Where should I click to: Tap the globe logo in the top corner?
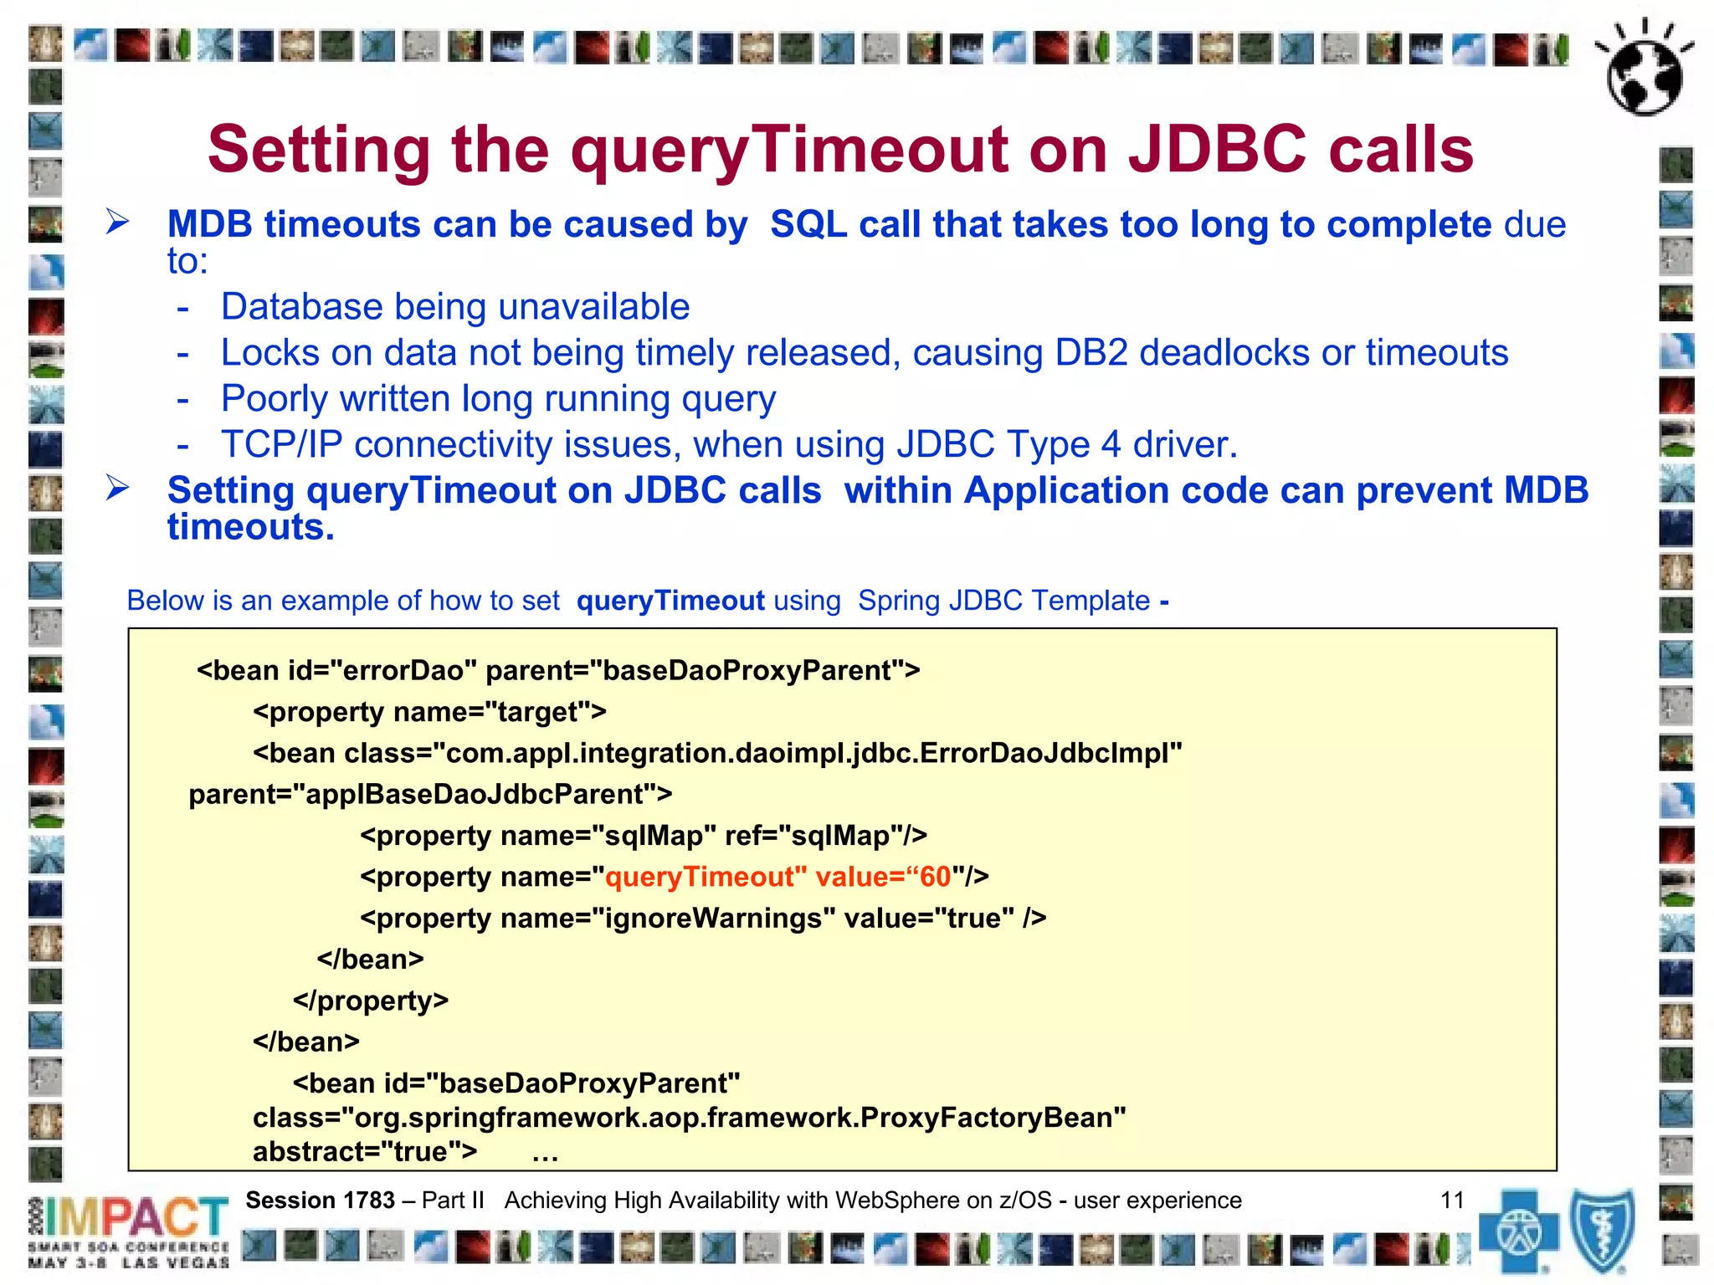[1644, 70]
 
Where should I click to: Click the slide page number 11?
[1452, 1201]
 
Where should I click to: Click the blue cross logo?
[1518, 1231]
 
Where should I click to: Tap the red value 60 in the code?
[935, 877]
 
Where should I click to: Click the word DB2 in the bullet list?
[1091, 353]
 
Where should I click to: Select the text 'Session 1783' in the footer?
[320, 1201]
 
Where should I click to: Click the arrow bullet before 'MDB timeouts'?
[117, 223]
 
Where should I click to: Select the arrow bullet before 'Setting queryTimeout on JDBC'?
[117, 488]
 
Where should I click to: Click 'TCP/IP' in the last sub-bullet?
[281, 445]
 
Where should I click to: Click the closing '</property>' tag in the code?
[371, 1001]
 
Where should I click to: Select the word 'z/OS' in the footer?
[1025, 1201]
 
